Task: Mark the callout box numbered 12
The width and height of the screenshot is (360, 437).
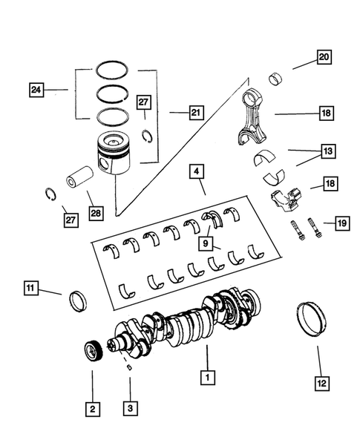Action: (x=320, y=385)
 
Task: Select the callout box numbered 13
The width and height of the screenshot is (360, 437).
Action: (x=327, y=151)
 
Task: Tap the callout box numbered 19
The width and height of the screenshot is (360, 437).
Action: (x=341, y=222)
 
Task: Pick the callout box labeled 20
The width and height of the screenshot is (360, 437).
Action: (x=324, y=56)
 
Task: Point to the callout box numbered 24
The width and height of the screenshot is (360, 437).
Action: (x=36, y=90)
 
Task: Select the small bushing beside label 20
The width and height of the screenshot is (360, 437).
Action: (x=278, y=78)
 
